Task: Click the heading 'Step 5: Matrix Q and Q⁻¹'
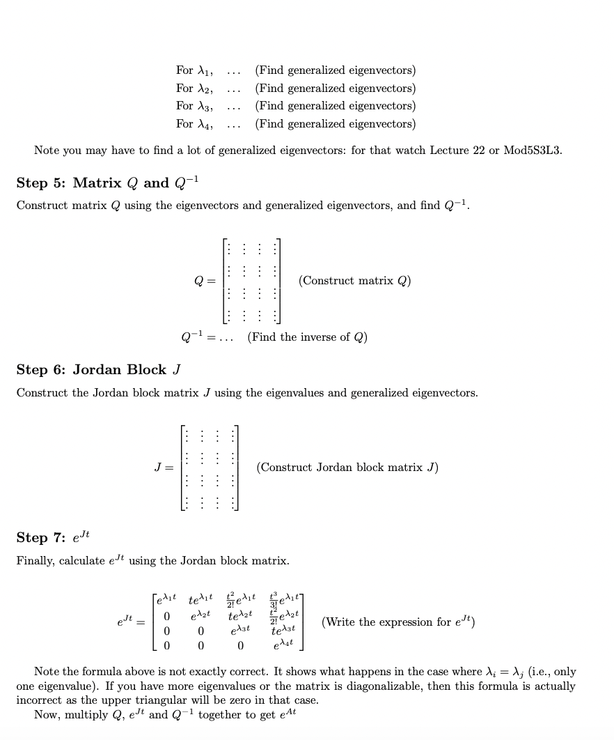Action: tap(109, 183)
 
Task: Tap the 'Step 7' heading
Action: tap(53, 537)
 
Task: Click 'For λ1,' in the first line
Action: tap(194, 70)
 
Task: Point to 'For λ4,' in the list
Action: tap(194, 124)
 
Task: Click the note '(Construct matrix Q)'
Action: tap(354, 281)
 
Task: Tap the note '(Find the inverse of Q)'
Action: tap(307, 337)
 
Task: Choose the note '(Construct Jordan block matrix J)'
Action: tap(347, 467)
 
